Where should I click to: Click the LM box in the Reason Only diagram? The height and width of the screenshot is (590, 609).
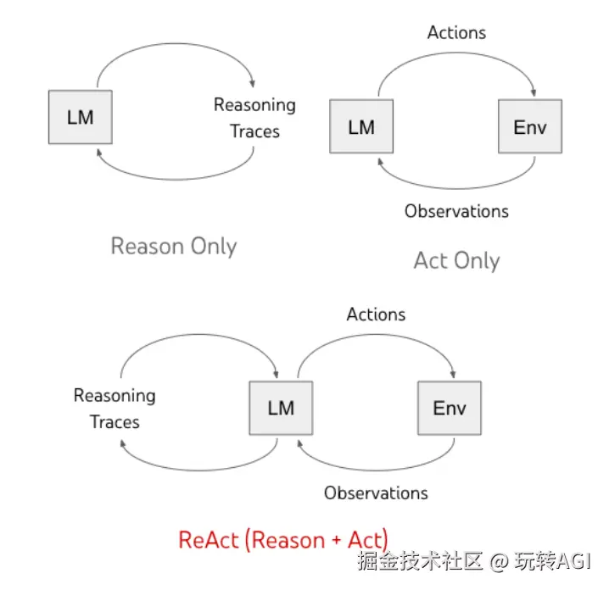pos(80,117)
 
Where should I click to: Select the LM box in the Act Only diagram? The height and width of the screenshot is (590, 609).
pos(360,126)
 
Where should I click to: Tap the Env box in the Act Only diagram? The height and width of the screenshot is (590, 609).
pos(529,126)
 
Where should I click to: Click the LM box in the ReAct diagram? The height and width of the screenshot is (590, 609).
pos(280,408)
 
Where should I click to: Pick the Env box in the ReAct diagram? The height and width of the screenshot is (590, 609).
pos(449,408)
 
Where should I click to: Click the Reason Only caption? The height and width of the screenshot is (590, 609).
pos(174,247)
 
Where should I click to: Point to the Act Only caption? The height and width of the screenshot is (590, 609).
pos(456,260)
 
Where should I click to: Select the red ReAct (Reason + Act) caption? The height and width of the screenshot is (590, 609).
pos(283,540)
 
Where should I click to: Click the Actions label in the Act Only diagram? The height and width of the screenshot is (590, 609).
pos(456,33)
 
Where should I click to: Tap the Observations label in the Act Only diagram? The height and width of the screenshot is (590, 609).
pos(456,211)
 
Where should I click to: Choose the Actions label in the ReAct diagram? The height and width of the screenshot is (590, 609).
pos(376,314)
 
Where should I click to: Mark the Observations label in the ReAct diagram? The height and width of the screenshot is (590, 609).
pos(376,493)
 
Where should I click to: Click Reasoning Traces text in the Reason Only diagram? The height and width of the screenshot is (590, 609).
pos(254,118)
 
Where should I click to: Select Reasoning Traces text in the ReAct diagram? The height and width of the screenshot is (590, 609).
pos(115,408)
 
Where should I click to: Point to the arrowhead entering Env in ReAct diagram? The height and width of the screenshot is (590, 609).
pos(455,374)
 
